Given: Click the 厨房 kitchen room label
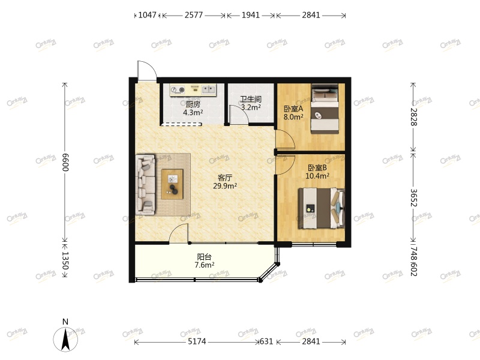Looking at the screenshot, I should click(x=193, y=104).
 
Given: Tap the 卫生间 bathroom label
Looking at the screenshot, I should click(x=250, y=100).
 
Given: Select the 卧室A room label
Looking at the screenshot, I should click(x=293, y=109).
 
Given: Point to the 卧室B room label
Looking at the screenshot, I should click(x=317, y=168).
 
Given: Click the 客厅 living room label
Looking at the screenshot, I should click(x=225, y=178).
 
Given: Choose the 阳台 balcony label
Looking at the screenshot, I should click(x=204, y=256).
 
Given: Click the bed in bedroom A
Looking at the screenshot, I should click(x=325, y=109).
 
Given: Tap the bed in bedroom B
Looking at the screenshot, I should click(x=323, y=208).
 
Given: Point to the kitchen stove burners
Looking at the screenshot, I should click(x=178, y=91).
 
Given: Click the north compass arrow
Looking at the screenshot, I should click(x=66, y=338).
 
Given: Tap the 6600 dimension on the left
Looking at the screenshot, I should click(x=65, y=161).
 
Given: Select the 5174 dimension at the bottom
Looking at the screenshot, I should click(x=197, y=342).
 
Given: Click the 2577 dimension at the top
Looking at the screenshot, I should click(x=193, y=16).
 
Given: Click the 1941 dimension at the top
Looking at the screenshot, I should click(x=251, y=16).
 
